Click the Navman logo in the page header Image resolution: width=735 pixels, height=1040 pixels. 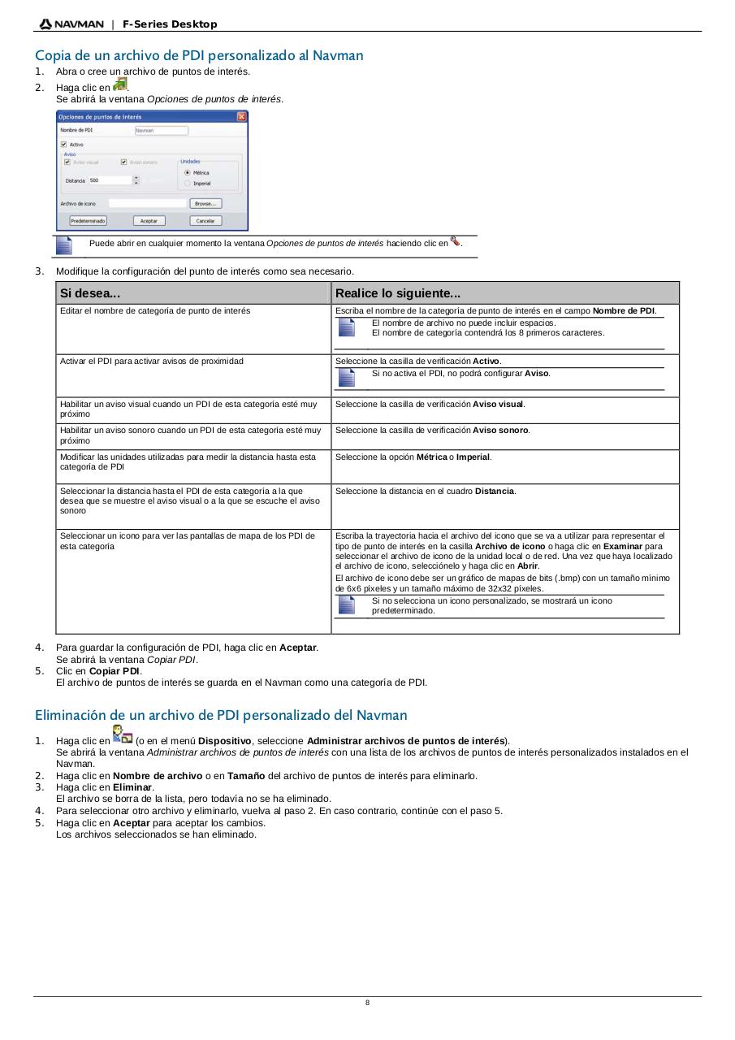click(71, 24)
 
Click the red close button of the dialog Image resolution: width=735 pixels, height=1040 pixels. click(241, 117)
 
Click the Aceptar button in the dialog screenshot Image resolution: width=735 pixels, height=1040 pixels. click(149, 221)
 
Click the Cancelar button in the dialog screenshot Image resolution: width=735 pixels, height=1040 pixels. click(205, 221)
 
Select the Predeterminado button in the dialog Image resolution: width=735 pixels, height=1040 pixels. click(88, 221)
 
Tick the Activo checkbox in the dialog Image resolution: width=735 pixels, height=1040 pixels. click(64, 145)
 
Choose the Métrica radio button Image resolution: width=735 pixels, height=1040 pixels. click(188, 173)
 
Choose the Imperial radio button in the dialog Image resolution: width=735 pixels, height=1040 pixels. click(188, 184)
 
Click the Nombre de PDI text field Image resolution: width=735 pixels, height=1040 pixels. click(161, 130)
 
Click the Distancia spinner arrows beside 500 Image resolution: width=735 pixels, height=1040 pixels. click(136, 180)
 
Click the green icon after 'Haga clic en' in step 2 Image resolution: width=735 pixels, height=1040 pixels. click(120, 85)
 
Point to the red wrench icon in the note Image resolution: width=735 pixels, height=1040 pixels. click(455, 240)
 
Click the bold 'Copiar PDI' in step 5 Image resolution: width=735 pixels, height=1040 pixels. click(115, 671)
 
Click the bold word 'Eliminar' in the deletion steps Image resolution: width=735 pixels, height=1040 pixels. click(132, 787)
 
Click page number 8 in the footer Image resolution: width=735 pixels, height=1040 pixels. click(367, 1003)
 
